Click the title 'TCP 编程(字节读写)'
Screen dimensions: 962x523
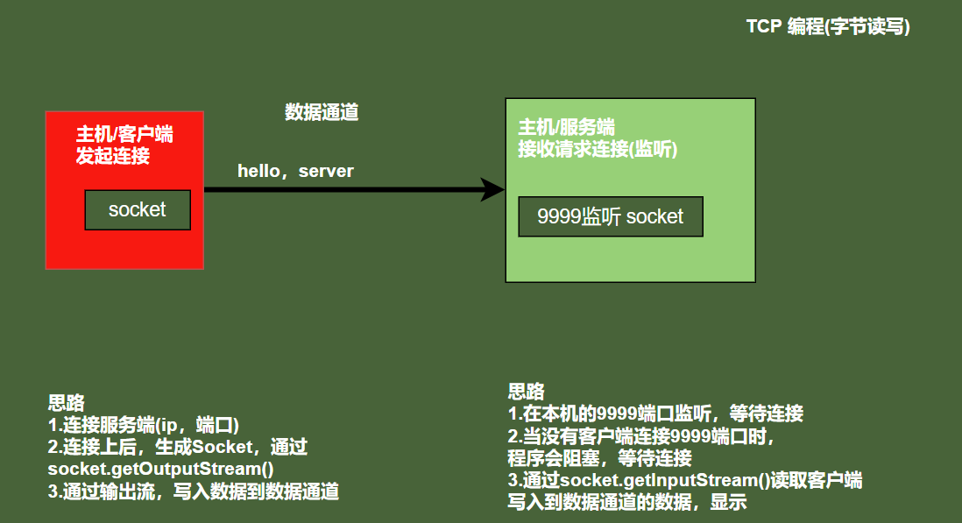tap(828, 27)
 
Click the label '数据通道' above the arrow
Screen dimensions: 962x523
tap(322, 113)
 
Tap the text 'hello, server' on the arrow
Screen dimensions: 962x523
tap(295, 171)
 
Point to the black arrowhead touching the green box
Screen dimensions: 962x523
tap(492, 189)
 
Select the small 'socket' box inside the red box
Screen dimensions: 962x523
tap(138, 210)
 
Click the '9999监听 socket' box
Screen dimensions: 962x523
tap(610, 216)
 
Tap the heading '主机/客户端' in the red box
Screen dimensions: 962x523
tap(124, 135)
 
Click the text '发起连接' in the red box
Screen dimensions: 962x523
tap(112, 156)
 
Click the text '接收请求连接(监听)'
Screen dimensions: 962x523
tap(598, 149)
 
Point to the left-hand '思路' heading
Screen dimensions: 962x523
tap(66, 403)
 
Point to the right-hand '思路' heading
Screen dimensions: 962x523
tap(526, 391)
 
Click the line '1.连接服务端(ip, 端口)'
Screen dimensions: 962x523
tap(144, 425)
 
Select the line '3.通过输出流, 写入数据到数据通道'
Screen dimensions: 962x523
tap(193, 491)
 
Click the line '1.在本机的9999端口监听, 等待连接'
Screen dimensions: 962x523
tap(655, 413)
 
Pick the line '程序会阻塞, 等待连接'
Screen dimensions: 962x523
tap(599, 458)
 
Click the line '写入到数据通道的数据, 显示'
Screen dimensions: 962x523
tap(626, 503)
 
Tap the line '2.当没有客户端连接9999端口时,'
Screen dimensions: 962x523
tap(641, 435)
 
